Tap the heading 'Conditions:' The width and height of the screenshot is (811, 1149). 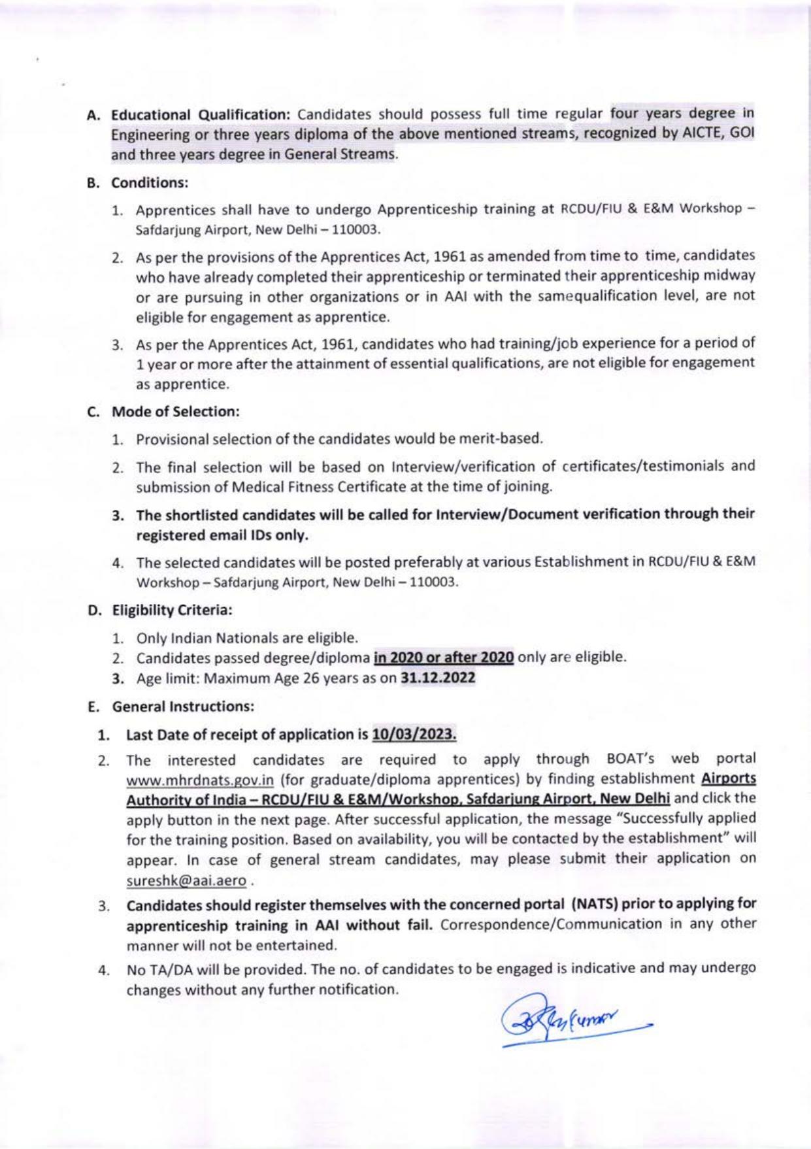[x=150, y=183]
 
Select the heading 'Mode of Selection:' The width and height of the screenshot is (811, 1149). [x=176, y=412]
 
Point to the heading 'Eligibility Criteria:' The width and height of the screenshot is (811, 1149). [x=173, y=610]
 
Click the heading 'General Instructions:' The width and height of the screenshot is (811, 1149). [x=183, y=707]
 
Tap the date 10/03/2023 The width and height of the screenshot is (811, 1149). [x=414, y=735]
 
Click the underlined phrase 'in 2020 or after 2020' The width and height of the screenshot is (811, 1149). [x=443, y=657]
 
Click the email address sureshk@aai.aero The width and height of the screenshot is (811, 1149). [x=186, y=881]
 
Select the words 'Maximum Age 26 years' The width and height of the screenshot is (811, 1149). [x=271, y=678]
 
